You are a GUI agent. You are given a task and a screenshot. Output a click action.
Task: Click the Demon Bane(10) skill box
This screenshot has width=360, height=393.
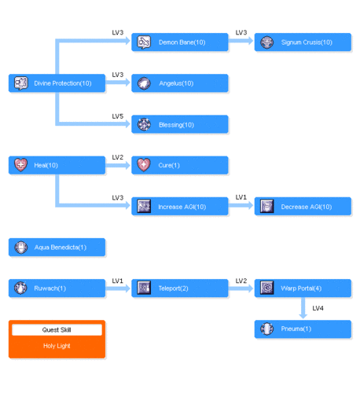[180, 42]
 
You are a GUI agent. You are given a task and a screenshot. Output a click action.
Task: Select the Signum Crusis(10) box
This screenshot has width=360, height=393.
[303, 42]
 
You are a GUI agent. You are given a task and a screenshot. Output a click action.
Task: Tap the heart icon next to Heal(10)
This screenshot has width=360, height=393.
[20, 165]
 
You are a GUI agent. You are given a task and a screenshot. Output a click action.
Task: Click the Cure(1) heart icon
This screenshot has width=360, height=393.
[144, 165]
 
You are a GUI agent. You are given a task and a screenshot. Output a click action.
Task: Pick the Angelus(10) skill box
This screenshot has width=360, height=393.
[180, 83]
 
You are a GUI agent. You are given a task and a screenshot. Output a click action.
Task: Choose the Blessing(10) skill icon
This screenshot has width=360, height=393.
[144, 124]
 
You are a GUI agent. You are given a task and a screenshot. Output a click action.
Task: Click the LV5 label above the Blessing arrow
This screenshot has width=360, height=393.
[118, 116]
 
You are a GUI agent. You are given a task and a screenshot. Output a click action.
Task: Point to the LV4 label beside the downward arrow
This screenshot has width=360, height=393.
[318, 308]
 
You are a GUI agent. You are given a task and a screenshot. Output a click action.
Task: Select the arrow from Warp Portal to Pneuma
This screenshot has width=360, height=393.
[303, 308]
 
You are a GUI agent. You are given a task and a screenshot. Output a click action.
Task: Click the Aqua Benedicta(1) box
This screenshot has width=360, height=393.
[57, 247]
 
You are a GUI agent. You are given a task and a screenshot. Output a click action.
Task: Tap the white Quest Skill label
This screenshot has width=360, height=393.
[57, 330]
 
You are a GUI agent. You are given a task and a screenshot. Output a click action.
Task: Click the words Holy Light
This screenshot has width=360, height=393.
[57, 346]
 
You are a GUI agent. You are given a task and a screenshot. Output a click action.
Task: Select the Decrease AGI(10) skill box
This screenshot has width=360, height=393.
[303, 206]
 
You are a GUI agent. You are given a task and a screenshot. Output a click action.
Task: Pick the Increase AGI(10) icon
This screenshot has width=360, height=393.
[144, 206]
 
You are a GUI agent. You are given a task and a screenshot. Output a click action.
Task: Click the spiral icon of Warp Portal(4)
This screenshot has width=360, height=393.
[267, 288]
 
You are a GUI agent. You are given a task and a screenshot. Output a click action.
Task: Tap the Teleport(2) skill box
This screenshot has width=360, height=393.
[180, 288]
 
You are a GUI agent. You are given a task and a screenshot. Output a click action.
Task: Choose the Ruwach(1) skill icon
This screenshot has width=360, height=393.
[20, 288]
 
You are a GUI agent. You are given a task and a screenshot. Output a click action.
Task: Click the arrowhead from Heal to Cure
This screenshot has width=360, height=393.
[127, 165]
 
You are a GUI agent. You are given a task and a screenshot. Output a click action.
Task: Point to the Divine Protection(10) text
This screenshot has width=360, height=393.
[63, 83]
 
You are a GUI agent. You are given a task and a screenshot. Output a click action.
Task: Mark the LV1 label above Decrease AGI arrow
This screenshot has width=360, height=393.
[241, 197]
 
